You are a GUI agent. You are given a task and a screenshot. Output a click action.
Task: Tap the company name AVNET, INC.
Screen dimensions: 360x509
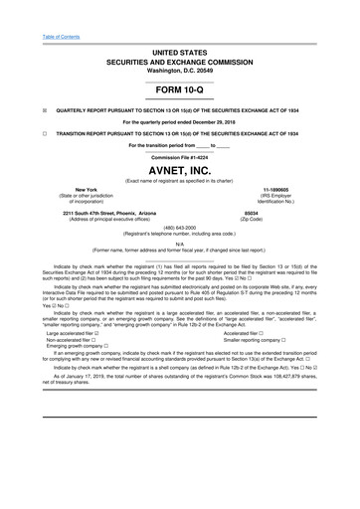pyautogui.click(x=179, y=170)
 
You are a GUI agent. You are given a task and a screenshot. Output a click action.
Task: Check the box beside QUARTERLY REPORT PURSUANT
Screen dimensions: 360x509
pyautogui.click(x=18, y=109)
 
